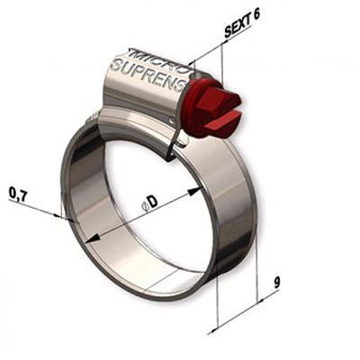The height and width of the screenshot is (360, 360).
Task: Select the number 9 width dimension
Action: [277, 283]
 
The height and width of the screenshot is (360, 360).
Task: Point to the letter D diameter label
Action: [153, 202]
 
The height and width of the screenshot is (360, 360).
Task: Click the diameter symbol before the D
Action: [144, 207]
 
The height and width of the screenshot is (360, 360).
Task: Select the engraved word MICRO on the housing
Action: [158, 60]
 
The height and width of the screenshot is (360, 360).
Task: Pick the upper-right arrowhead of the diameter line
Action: [194, 191]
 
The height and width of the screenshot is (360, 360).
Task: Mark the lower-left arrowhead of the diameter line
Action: [93, 238]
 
